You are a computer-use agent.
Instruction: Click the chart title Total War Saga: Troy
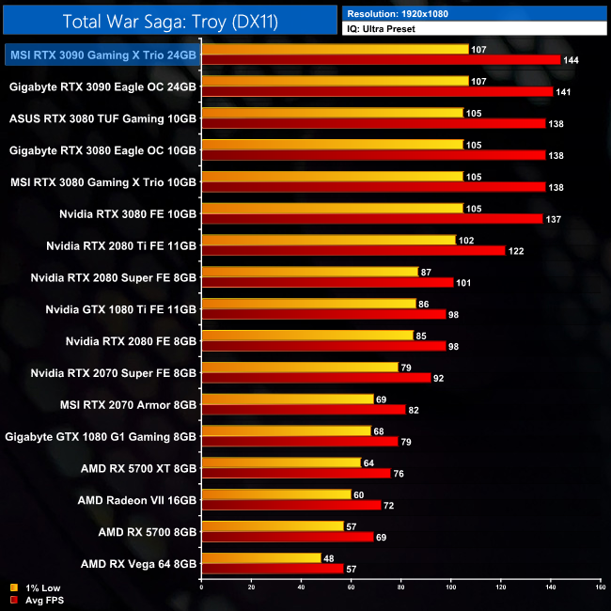tap(168, 21)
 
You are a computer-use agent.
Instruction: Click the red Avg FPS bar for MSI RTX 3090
tap(381, 60)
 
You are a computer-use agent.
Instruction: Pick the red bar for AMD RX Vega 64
tap(272, 569)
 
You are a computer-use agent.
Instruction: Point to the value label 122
tap(518, 251)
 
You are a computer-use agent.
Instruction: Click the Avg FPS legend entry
tap(38, 600)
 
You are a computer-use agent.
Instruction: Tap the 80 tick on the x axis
tap(400, 587)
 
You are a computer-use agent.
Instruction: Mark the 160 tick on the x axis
tap(599, 587)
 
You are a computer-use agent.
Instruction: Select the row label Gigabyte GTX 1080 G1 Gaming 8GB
tap(101, 436)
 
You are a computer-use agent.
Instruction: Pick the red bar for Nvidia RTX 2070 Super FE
tap(316, 378)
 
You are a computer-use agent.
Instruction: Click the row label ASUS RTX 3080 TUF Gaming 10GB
tap(102, 118)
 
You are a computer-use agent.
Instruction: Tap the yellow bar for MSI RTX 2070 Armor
tap(287, 399)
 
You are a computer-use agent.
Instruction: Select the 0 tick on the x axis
tap(201, 587)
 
